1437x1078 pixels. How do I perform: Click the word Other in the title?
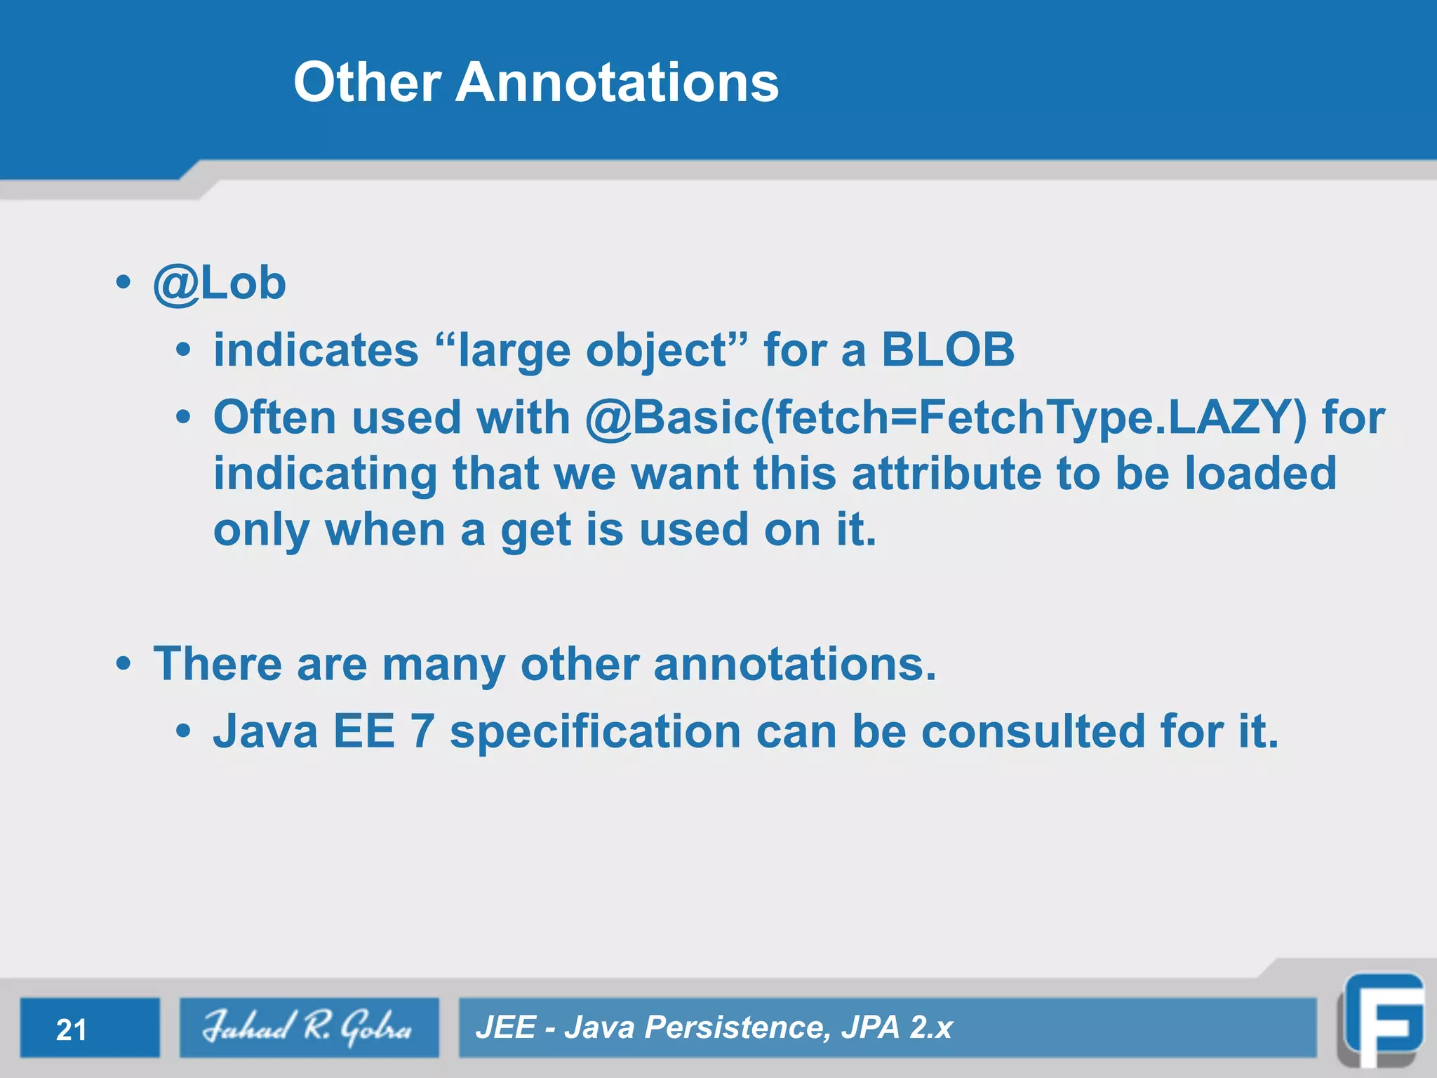pyautogui.click(x=367, y=82)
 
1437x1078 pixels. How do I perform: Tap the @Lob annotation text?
pyautogui.click(x=220, y=284)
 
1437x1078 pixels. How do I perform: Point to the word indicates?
pyautogui.click(x=316, y=350)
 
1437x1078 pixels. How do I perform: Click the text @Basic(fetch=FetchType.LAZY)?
pyautogui.click(x=946, y=418)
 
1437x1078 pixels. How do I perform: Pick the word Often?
pyautogui.click(x=274, y=417)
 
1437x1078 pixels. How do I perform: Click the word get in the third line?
pyautogui.click(x=535, y=531)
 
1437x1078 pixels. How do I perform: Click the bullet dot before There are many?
pyautogui.click(x=123, y=664)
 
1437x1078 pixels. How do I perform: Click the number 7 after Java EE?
pyautogui.click(x=422, y=731)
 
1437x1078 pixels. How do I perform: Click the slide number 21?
pyautogui.click(x=72, y=1030)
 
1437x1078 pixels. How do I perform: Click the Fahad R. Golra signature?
pyautogui.click(x=308, y=1027)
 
